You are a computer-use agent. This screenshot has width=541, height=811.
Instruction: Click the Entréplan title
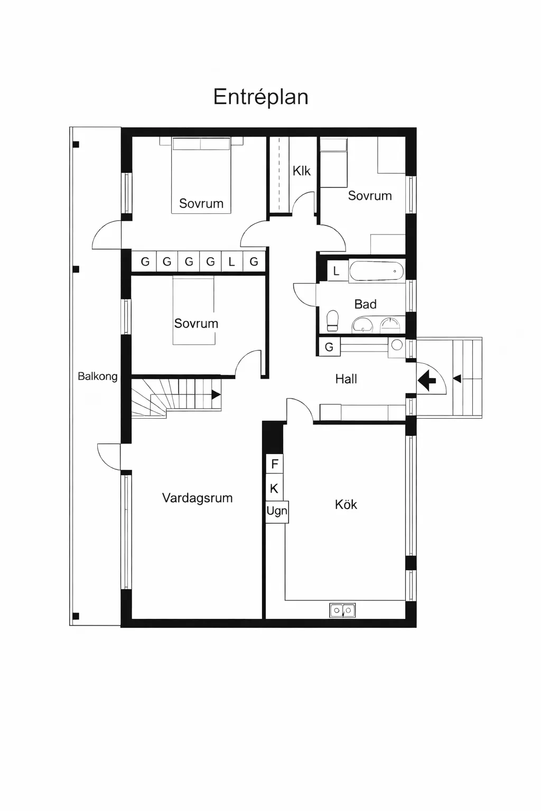[x=260, y=97]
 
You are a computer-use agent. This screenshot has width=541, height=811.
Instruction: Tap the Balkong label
[x=97, y=376]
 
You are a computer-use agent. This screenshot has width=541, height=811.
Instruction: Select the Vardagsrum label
[x=197, y=498]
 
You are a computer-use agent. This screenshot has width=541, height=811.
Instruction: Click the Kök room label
[x=346, y=505]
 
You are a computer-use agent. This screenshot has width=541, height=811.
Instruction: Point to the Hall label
[x=346, y=379]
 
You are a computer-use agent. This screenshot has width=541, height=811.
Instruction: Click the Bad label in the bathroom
[x=365, y=304]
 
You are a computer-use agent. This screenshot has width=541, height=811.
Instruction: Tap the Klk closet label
[x=302, y=171]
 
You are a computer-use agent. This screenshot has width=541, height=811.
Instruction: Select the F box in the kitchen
[x=274, y=464]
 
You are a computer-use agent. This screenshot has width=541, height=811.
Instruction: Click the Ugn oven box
[x=277, y=511]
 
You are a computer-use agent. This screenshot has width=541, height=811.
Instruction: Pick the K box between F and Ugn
[x=274, y=488]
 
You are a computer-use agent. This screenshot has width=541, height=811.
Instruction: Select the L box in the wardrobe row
[x=231, y=261]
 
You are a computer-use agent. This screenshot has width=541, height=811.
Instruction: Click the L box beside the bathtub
[x=336, y=271]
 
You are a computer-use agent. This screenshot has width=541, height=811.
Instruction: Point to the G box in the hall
[x=329, y=347]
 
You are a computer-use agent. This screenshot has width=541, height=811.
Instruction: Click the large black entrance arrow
[x=427, y=379]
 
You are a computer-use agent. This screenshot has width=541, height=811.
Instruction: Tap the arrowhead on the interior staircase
[x=216, y=394]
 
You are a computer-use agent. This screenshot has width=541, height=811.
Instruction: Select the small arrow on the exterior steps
[x=457, y=379]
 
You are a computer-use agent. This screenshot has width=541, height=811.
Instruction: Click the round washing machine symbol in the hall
[x=397, y=345]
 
